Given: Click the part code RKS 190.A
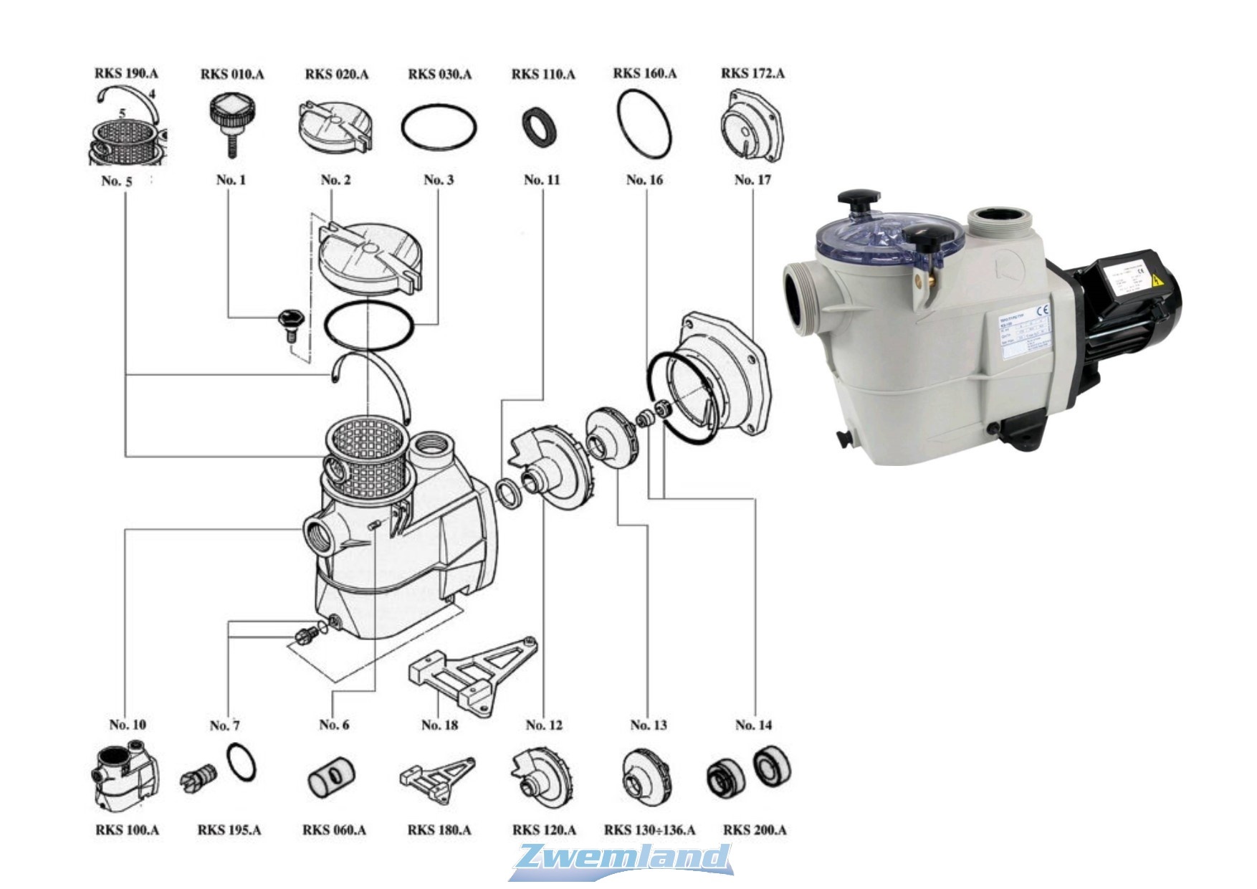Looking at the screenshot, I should (x=126, y=73).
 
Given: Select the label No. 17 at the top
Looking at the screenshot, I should (x=752, y=180).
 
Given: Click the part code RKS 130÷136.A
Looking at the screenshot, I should (x=649, y=830).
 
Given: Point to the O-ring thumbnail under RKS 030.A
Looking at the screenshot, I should (x=439, y=128).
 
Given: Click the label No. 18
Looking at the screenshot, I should (x=439, y=725).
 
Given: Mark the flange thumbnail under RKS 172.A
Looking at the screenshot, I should (x=752, y=128).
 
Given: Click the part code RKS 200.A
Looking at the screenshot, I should (x=754, y=830).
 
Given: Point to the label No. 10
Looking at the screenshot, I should (x=128, y=724).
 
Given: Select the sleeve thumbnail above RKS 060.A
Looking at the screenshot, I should (x=331, y=776).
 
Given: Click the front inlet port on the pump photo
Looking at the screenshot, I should (x=800, y=299).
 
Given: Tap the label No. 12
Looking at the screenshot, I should (x=544, y=725).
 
